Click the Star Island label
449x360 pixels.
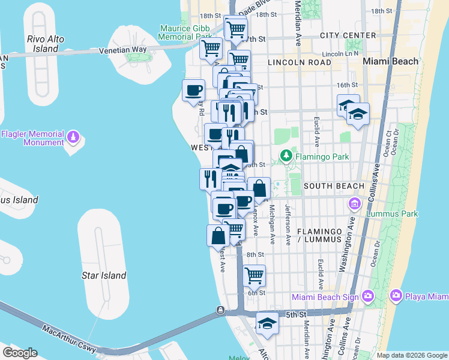coord(104,275)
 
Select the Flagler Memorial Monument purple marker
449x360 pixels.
coord(73,138)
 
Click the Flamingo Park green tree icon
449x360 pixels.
coord(286,157)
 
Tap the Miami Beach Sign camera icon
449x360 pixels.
coord(367,296)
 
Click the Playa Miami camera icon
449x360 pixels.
coord(396,296)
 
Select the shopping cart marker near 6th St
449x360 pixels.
coord(255,275)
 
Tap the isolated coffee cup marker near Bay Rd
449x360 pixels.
coord(193,91)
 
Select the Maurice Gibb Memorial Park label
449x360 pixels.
coord(184,32)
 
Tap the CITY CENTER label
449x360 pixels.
coord(348,35)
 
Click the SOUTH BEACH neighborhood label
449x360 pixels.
coord(334,186)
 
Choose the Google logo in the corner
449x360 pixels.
coord(19,352)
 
